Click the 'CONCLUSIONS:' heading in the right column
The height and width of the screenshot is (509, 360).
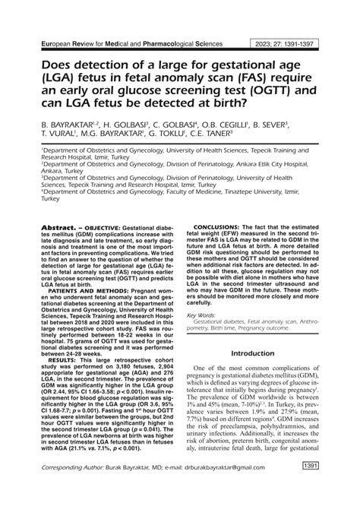click(x=221, y=205)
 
